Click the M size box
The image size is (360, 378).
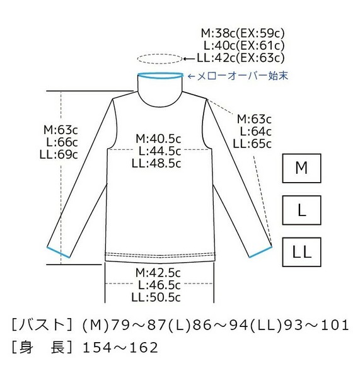tap(301, 168)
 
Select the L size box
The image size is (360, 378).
tap(301, 210)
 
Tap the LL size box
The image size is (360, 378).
tap(301, 252)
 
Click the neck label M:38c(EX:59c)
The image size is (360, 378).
tap(243, 33)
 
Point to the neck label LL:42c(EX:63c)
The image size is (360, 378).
tap(241, 57)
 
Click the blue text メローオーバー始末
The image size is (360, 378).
tap(243, 76)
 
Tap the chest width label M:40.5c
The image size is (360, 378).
tap(158, 139)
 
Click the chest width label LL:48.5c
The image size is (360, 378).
tap(156, 163)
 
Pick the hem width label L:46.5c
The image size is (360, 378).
tap(160, 285)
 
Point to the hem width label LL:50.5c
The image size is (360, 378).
tap(156, 297)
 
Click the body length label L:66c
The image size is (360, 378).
tap(62, 142)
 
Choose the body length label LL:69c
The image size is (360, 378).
tap(59, 154)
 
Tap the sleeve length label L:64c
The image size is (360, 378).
tap(255, 132)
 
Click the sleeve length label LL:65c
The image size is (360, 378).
tap(252, 144)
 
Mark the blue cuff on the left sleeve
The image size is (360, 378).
tap(58, 252)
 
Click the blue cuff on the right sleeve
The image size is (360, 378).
tap(260, 251)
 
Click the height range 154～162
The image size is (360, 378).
tap(120, 347)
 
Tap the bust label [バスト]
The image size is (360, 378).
tap(42, 324)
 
